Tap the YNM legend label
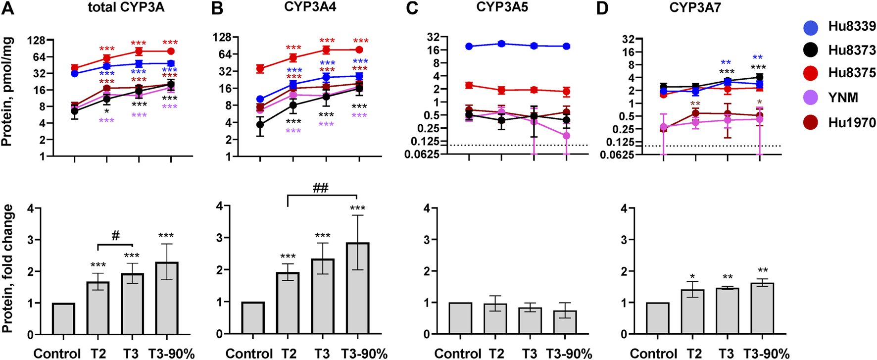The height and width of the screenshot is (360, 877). [x=843, y=98]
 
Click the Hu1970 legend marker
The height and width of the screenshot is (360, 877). [x=811, y=122]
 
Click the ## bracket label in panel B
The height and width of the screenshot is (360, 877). [x=320, y=188]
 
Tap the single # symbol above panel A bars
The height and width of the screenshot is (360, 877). [x=115, y=236]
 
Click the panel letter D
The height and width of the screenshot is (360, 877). [x=602, y=9]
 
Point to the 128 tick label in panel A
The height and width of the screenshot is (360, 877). [x=37, y=41]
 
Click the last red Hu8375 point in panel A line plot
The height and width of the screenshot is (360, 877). [x=171, y=51]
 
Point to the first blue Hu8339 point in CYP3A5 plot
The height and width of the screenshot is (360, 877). [x=469, y=47]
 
